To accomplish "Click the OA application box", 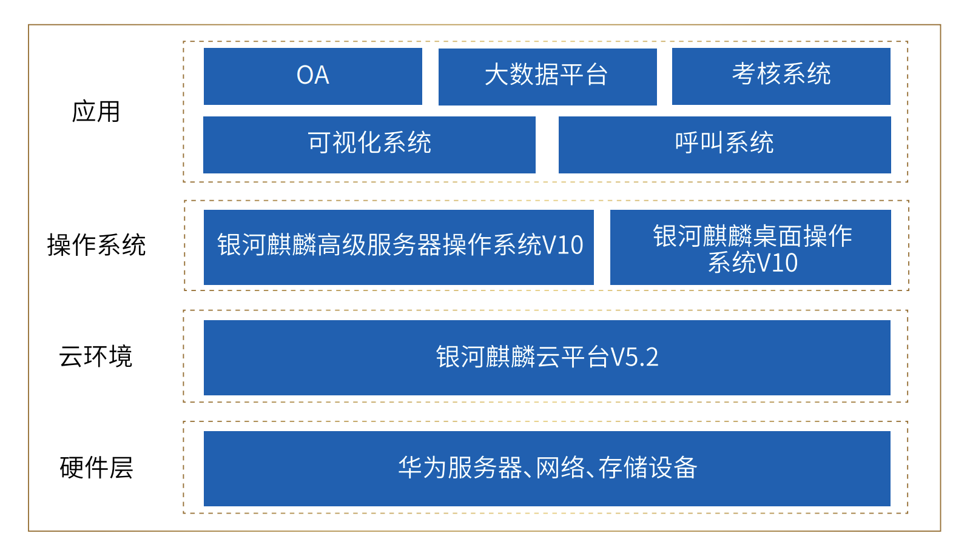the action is click(x=312, y=76).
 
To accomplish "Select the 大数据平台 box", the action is click(x=547, y=76).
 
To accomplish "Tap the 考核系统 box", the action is click(x=781, y=76).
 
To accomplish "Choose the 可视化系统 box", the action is click(x=369, y=144).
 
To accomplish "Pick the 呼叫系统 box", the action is click(x=725, y=144).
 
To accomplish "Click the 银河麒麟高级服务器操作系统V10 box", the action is click(x=399, y=247).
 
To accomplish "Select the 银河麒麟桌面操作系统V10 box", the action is click(x=750, y=247).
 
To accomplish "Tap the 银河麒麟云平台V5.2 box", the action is click(x=547, y=357).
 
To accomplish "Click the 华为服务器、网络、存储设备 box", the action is click(x=547, y=468).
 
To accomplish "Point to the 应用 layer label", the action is click(x=96, y=112).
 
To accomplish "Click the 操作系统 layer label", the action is click(x=96, y=245).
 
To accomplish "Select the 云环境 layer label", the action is click(x=96, y=357).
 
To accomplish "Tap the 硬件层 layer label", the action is click(x=96, y=468).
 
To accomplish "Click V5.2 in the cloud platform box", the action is click(x=635, y=357).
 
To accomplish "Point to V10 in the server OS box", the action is click(x=562, y=246).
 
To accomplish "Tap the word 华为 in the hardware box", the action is click(x=423, y=468).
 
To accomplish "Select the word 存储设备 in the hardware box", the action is click(x=648, y=468).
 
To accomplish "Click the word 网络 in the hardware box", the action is click(x=561, y=468).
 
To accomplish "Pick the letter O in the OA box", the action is click(x=305, y=75).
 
